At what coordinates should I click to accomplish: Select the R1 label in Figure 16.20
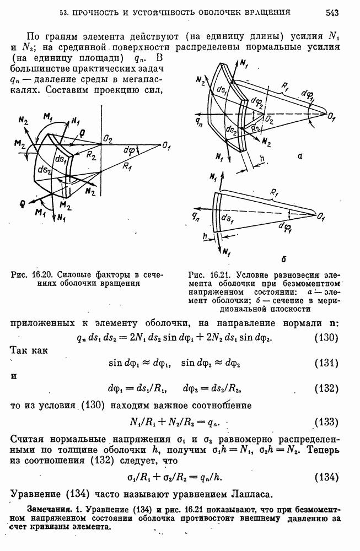coord(128,165)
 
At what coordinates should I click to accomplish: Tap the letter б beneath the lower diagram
coord(267,257)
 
